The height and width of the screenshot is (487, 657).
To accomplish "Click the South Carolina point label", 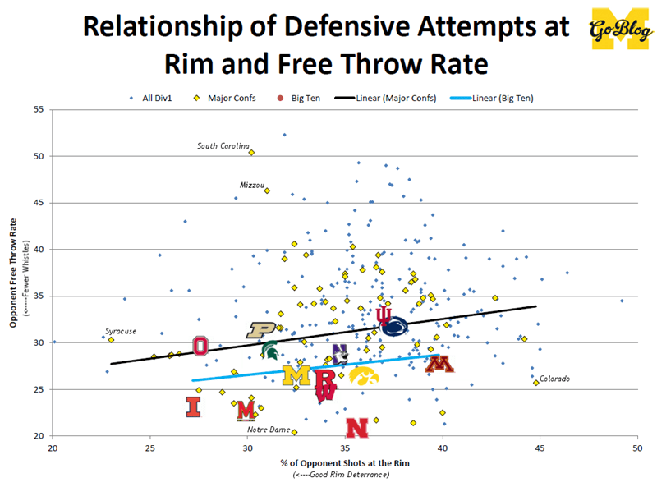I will coord(223,146).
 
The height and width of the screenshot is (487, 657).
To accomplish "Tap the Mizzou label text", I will coord(252,186).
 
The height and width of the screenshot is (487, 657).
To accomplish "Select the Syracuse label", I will coord(120,331).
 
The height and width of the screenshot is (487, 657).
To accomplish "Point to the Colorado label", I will coord(554,379).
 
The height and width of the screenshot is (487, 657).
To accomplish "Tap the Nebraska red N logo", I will coord(356,428).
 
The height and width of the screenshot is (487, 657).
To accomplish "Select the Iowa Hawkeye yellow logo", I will coord(364,375).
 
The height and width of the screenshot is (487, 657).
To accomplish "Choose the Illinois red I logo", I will coord(193,407).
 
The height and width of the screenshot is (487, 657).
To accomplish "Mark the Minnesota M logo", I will coord(439,364).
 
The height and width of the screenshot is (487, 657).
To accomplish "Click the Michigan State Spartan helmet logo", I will coord(269,351).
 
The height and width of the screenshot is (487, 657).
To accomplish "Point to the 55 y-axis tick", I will coord(39,109).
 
